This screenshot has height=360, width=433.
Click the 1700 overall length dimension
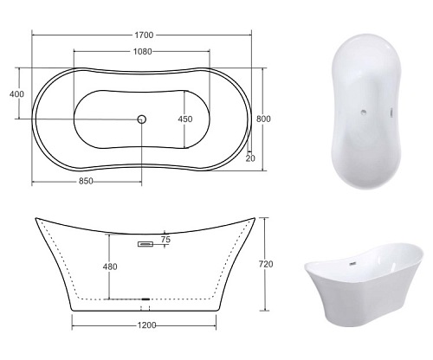(x=145, y=35)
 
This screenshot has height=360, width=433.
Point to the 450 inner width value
(x=186, y=119)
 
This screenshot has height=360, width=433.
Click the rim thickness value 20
(x=250, y=158)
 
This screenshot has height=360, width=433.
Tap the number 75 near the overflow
(x=165, y=239)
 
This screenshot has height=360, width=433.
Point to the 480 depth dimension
(x=110, y=266)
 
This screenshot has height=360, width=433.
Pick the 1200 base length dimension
(x=146, y=325)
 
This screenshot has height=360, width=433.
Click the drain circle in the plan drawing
(x=144, y=119)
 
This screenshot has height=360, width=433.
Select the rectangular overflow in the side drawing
(x=145, y=245)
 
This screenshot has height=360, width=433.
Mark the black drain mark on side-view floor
(x=145, y=299)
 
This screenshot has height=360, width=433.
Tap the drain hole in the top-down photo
(x=364, y=112)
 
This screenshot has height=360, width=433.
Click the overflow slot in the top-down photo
(x=394, y=111)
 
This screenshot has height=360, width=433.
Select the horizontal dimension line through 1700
(x=87, y=35)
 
